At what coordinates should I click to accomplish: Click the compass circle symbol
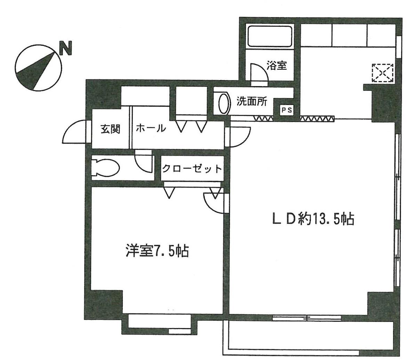click(x=38, y=68)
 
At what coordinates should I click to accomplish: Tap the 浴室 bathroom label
click(x=277, y=65)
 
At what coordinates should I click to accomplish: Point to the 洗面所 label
click(x=252, y=101)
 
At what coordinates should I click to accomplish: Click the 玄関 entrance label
click(x=110, y=129)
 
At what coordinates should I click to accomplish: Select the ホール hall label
click(x=150, y=128)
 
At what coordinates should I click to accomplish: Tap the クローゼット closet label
click(x=192, y=169)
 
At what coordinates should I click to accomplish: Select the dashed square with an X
click(x=382, y=73)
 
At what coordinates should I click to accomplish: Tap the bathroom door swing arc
click(x=257, y=72)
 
